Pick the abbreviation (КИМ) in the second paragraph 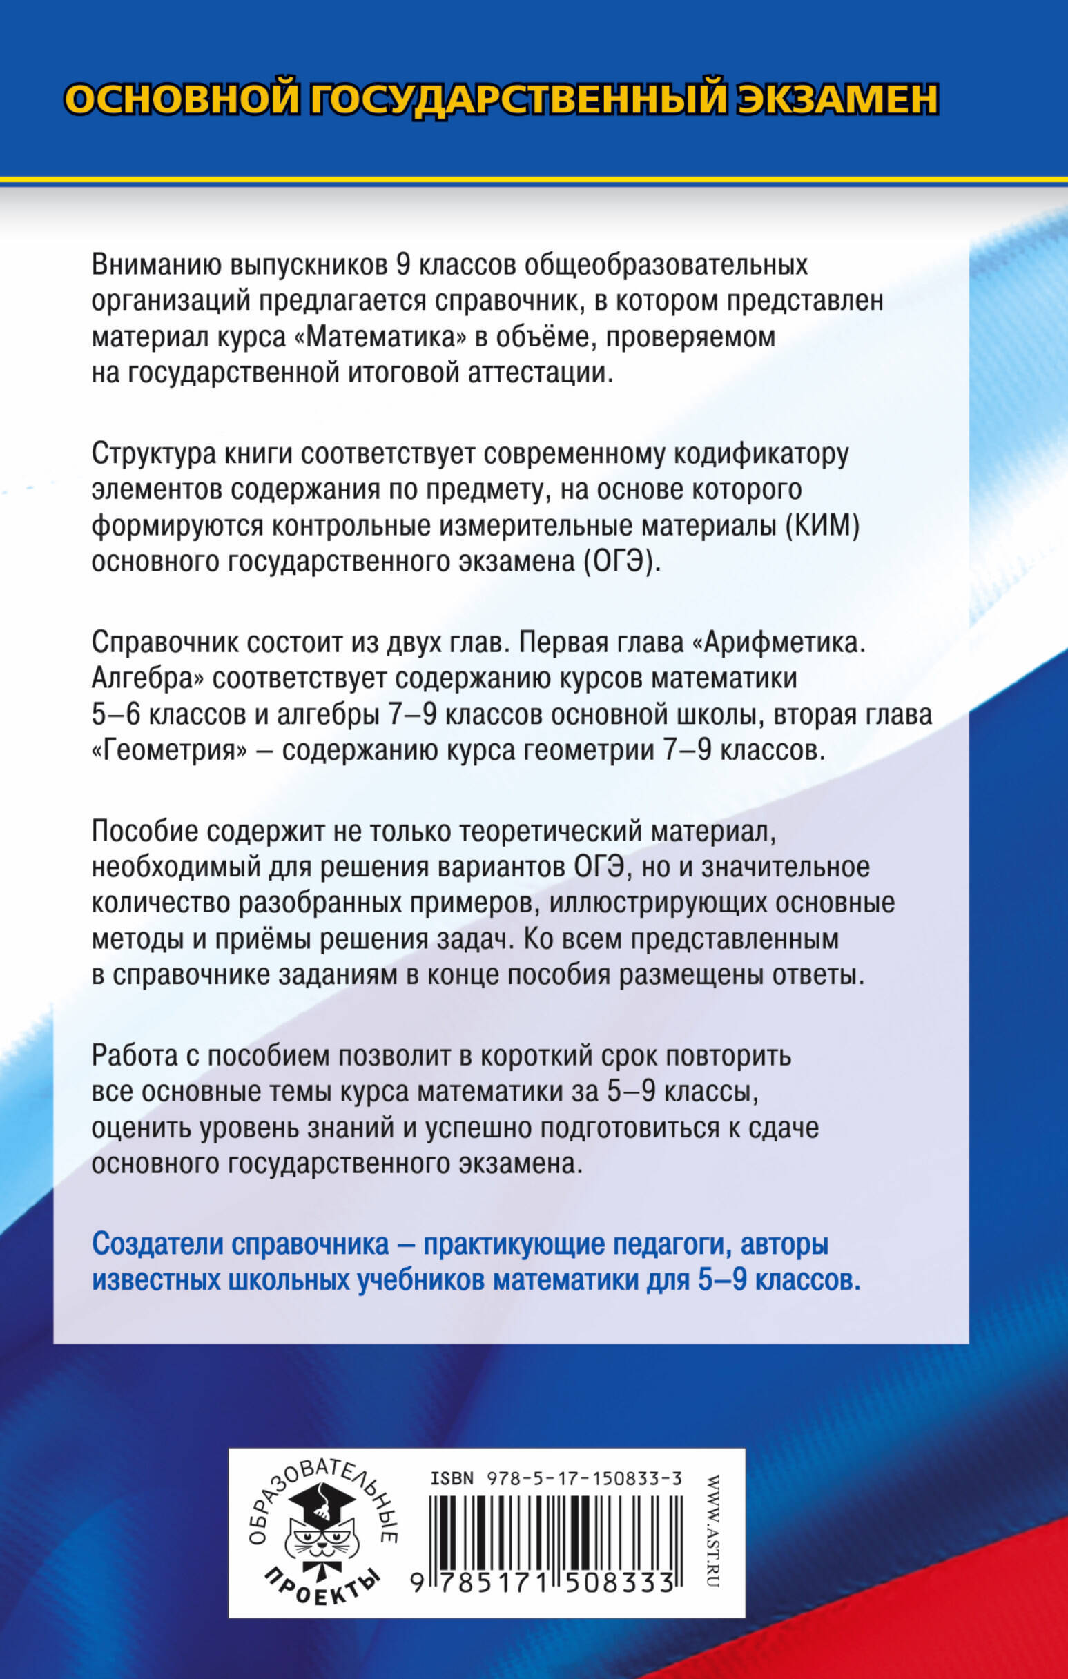click(824, 526)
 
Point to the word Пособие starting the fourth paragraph click(143, 832)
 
